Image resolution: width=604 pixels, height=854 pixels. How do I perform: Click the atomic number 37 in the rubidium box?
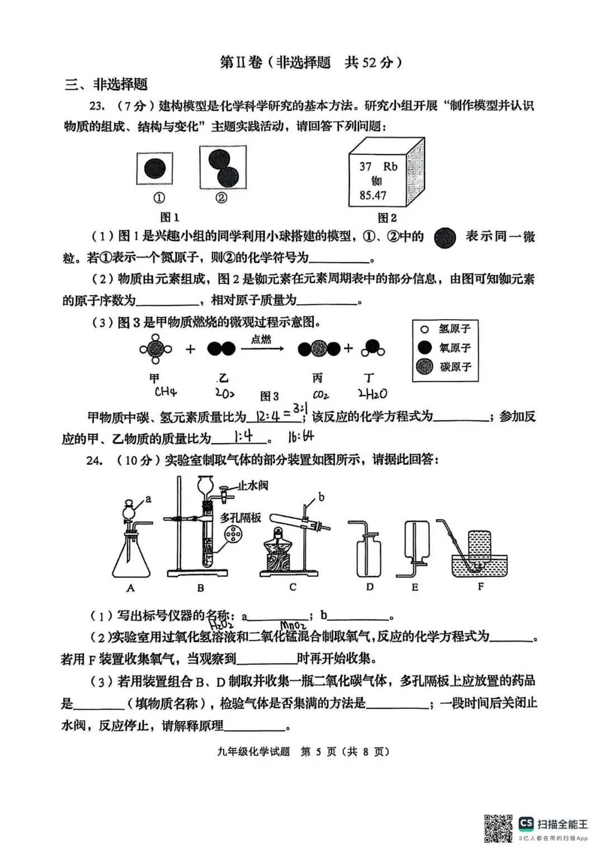click(365, 167)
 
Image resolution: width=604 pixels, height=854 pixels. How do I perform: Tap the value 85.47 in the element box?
click(373, 196)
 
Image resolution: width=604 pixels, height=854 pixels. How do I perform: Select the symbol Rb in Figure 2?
click(390, 167)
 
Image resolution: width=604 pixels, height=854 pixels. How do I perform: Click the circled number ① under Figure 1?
click(159, 198)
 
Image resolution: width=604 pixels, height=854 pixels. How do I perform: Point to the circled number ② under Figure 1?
click(221, 198)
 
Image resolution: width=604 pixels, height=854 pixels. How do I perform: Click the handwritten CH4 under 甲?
click(166, 392)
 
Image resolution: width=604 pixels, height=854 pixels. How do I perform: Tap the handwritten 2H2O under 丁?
click(372, 394)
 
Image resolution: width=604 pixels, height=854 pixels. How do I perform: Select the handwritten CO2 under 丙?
click(320, 395)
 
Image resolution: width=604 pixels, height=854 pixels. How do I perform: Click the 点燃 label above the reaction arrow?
click(261, 339)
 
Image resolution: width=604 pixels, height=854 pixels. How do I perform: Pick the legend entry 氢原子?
click(454, 329)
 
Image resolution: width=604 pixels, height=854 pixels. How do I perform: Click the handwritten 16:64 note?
click(301, 437)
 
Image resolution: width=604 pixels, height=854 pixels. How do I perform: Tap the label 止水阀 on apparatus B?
click(253, 485)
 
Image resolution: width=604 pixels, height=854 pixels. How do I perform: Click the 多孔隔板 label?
click(240, 518)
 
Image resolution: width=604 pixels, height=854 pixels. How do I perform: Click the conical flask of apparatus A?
click(131, 559)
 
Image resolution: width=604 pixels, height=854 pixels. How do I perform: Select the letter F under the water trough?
click(481, 587)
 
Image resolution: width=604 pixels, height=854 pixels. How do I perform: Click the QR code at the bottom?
click(498, 828)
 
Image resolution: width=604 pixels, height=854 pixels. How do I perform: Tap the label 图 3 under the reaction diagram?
click(270, 396)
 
